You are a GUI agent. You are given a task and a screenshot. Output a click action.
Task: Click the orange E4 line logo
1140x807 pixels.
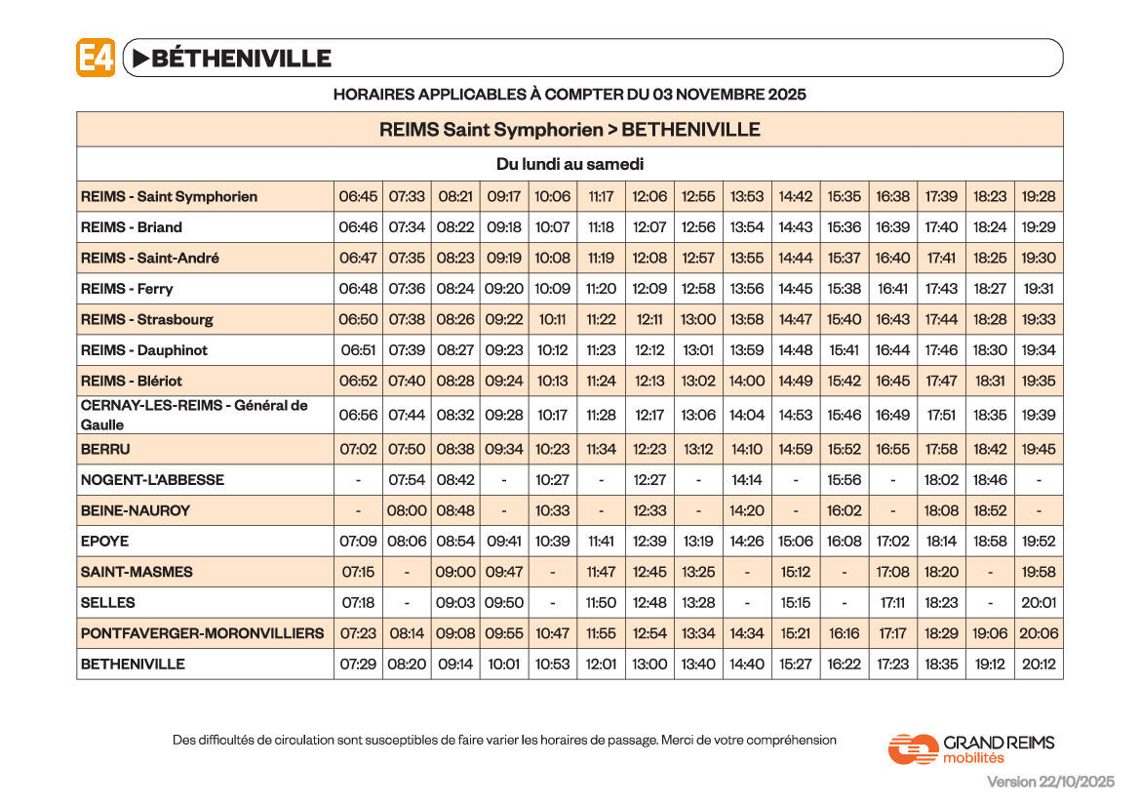(x=96, y=58)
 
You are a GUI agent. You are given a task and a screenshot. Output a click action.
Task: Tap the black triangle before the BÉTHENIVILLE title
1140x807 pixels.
(x=140, y=59)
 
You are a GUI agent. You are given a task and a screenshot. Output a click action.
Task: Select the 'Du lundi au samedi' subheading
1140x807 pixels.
(x=570, y=164)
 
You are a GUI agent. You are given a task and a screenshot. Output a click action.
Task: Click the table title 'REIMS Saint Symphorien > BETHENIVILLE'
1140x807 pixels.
(x=570, y=130)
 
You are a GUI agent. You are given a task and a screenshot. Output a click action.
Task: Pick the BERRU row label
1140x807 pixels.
(x=105, y=450)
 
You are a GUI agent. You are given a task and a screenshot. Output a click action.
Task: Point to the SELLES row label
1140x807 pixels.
(x=108, y=603)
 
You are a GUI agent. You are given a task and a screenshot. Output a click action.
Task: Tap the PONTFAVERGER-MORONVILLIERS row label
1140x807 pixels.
(x=202, y=633)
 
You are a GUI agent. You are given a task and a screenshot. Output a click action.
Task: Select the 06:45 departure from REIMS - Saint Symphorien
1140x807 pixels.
(x=358, y=196)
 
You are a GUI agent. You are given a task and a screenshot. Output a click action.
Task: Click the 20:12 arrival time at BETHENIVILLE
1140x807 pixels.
(x=1039, y=664)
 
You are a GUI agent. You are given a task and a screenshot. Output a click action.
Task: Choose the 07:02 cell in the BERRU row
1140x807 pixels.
(x=358, y=450)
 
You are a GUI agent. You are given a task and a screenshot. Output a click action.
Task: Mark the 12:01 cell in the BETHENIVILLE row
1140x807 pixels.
(x=601, y=664)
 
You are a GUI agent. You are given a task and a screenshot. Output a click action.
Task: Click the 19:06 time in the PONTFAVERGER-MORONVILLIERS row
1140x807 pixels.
(x=990, y=633)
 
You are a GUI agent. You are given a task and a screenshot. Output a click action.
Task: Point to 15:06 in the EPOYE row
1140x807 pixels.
(x=796, y=541)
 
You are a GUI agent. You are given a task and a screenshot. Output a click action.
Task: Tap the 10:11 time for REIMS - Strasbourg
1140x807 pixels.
(x=552, y=319)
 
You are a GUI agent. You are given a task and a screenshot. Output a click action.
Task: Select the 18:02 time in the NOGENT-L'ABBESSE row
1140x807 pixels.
(x=941, y=480)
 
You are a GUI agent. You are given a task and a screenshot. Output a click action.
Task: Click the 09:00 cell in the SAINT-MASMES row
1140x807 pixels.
(x=455, y=572)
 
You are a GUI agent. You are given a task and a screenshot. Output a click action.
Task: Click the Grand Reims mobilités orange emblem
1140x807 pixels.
(x=913, y=748)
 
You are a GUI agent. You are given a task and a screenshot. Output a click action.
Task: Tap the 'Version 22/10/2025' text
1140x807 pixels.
(x=1050, y=782)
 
